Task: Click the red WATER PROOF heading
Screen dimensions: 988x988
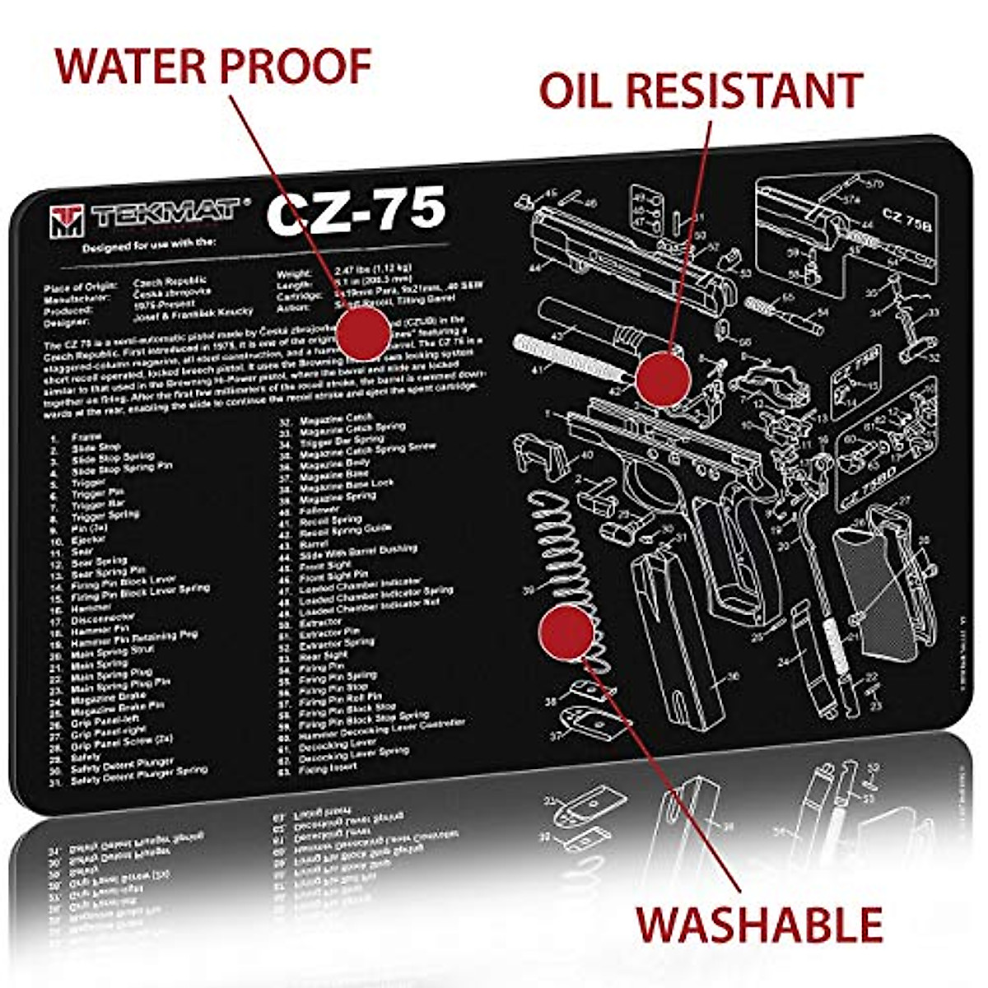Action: pos(213,66)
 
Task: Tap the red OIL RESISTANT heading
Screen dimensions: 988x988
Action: pos(701,91)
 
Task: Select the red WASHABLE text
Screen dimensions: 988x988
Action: pos(759,924)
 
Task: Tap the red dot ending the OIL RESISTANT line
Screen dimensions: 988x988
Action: pos(664,378)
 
